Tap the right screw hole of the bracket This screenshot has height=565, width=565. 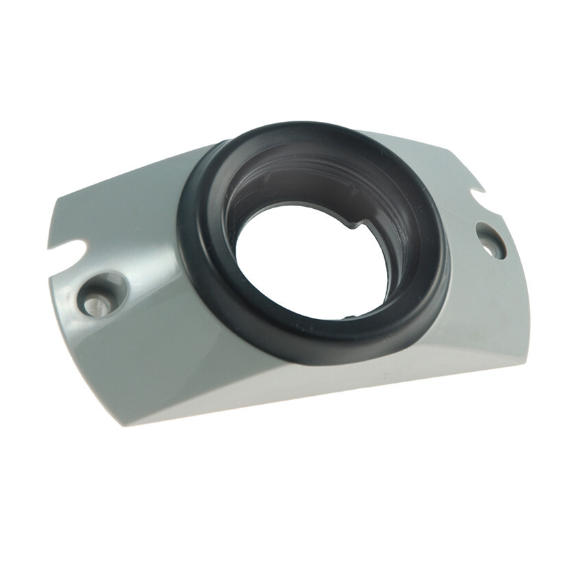pos(490,240)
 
